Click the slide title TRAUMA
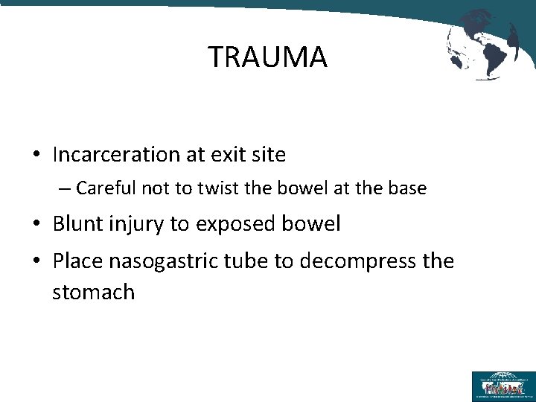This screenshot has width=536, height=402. coord(267,57)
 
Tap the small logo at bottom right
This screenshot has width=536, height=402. coord(502,386)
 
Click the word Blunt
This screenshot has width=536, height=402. coord(77,224)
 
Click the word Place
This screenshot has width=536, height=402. coord(77,261)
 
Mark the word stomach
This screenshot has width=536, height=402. coord(94,292)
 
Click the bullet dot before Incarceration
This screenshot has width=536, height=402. coord(36,156)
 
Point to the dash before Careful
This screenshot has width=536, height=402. coord(65,189)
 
